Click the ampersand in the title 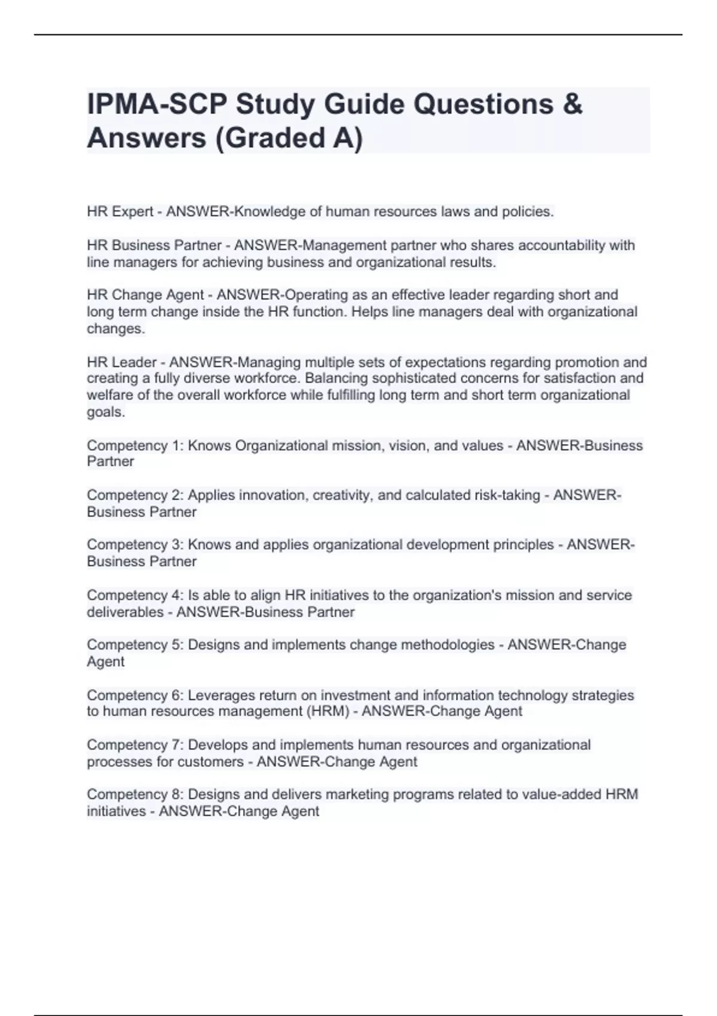[x=572, y=105]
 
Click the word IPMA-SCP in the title [x=157, y=105]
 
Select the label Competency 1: [x=135, y=446]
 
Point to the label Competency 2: [x=135, y=495]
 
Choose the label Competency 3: [x=135, y=545]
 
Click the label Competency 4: [x=135, y=595]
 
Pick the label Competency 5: [x=135, y=645]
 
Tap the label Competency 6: [x=135, y=696]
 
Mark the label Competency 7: [x=135, y=745]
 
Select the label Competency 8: [x=135, y=795]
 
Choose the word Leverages [x=222, y=696]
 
